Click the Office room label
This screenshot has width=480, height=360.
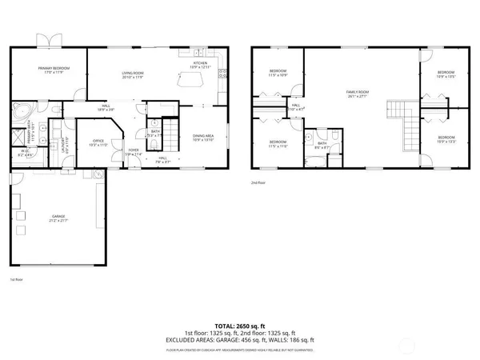pos(97,142)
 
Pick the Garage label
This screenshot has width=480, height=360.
pos(59,218)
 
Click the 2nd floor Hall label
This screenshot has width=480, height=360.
pos(295,106)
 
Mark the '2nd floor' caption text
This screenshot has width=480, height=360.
pos(258,182)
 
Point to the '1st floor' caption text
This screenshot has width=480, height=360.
pos(16,280)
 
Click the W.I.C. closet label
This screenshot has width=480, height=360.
pos(25,153)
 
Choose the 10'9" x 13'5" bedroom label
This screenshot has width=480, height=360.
pos(445,76)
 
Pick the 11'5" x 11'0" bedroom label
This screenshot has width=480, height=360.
pos(277,145)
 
